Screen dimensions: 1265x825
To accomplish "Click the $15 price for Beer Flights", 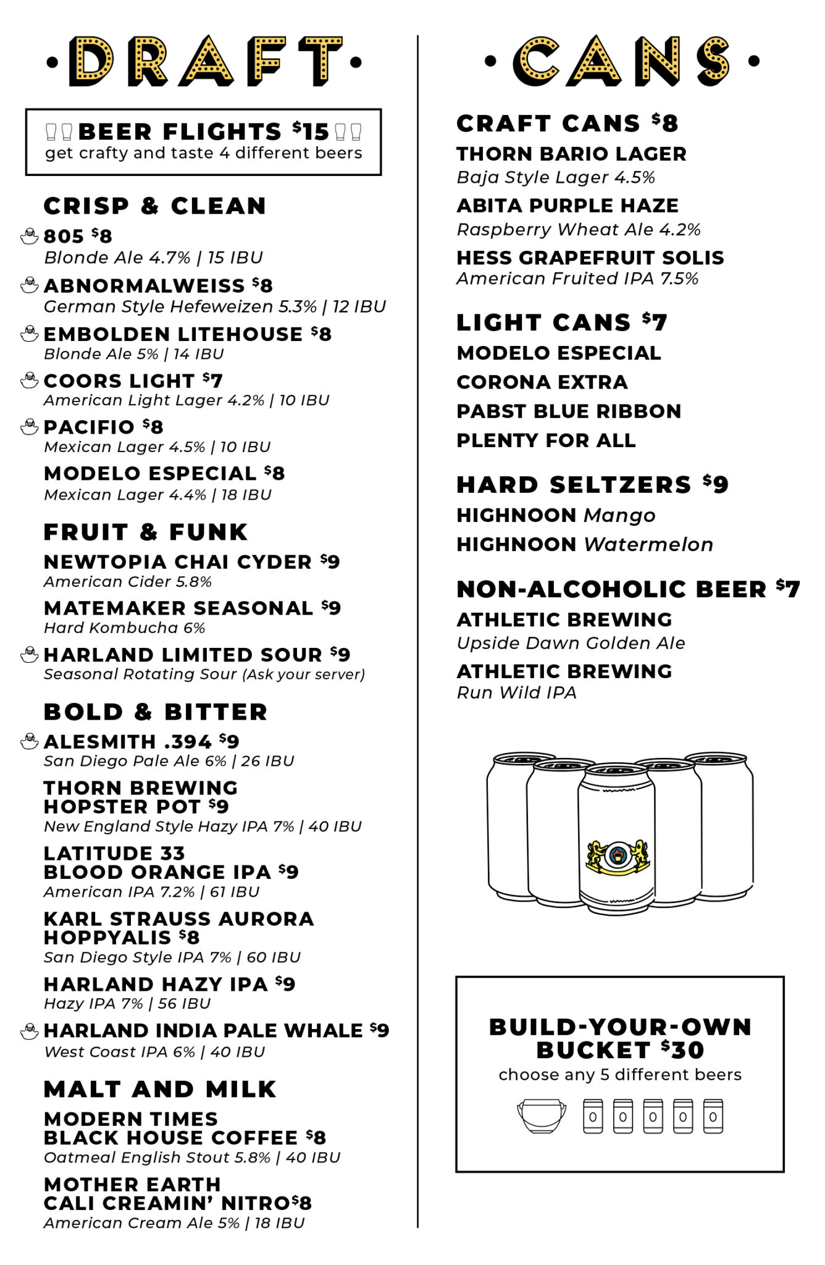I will [x=311, y=132].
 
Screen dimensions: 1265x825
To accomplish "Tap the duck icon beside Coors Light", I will [x=29, y=380].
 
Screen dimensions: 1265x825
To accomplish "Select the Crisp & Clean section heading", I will [x=154, y=206].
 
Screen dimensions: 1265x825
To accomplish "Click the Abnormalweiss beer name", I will [x=144, y=285].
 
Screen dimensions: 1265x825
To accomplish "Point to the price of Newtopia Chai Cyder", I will [x=330, y=561].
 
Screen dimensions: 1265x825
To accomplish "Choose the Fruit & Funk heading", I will [x=146, y=532].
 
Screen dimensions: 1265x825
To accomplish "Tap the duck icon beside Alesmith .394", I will [x=29, y=741].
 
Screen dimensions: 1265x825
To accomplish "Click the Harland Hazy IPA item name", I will [x=156, y=984].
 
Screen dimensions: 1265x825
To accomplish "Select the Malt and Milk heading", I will [x=160, y=1089].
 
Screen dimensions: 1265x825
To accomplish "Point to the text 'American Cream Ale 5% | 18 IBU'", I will [x=174, y=1223].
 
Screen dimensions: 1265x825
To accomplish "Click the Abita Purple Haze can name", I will [x=567, y=206].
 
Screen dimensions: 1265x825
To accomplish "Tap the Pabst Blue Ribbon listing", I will [x=569, y=411].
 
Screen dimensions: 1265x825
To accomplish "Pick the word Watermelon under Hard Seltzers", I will [x=648, y=545].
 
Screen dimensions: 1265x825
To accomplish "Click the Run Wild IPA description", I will [x=516, y=693].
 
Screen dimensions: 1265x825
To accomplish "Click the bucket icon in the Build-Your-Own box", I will [x=542, y=1116].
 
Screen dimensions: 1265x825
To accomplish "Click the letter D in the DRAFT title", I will [x=91, y=62].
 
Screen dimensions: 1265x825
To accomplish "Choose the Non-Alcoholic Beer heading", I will [x=611, y=590].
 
